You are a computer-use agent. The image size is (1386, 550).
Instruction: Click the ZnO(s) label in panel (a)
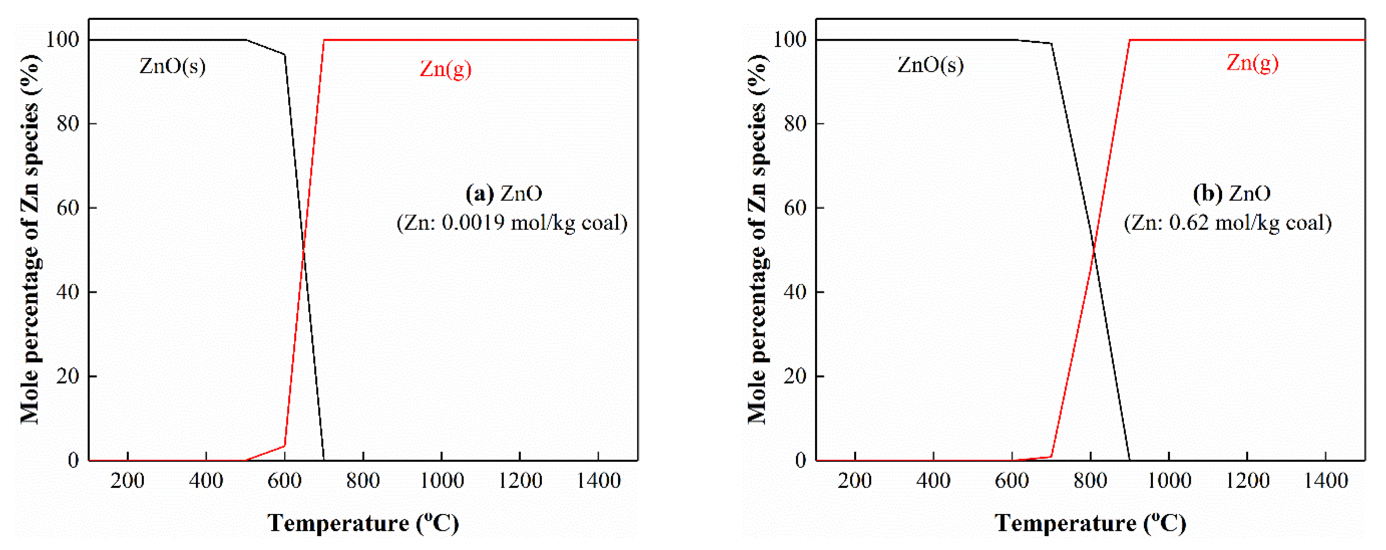coord(172,66)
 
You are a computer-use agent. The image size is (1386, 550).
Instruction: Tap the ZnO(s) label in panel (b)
coord(930,65)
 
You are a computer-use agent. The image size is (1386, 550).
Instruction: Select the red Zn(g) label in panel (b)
coord(1252,63)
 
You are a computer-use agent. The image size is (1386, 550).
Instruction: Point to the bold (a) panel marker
coord(479,193)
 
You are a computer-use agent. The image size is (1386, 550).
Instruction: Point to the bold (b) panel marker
coord(1207,193)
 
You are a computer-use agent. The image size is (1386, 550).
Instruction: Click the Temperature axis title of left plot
coord(363,522)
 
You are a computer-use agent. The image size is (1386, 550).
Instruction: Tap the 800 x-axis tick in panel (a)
coord(363,480)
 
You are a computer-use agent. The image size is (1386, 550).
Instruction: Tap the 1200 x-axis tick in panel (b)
coord(1247,480)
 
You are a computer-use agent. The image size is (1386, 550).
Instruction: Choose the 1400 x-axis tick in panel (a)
coord(598,480)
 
